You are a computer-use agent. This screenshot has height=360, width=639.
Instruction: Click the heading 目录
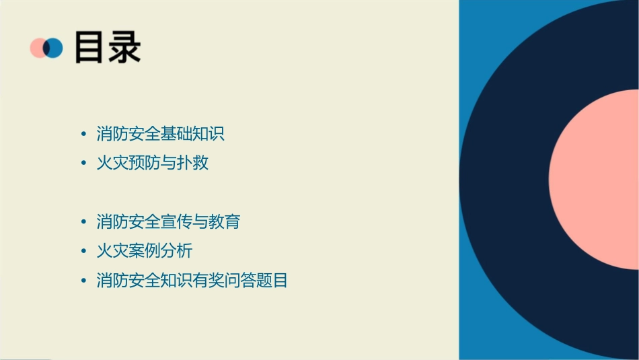pos(108,48)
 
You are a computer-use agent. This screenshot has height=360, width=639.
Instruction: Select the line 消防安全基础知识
pos(160,134)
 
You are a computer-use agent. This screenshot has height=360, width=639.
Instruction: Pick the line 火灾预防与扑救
pos(153,163)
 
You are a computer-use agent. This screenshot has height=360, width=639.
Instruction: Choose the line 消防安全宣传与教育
pos(168,221)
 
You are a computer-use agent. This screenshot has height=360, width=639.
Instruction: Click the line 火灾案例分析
pos(145,251)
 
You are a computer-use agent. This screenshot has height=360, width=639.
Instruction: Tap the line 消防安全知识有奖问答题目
pos(192,281)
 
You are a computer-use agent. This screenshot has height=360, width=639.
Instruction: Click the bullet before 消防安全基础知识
pos(83,134)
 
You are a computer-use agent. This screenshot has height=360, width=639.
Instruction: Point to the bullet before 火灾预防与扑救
pos(83,163)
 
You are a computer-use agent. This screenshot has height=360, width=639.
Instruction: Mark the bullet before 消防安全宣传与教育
pos(83,221)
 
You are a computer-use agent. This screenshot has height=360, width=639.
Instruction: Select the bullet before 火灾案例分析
pos(83,251)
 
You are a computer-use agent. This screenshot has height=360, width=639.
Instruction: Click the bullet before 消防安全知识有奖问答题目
pos(83,281)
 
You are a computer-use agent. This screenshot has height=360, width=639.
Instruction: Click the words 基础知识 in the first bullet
pos(192,134)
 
